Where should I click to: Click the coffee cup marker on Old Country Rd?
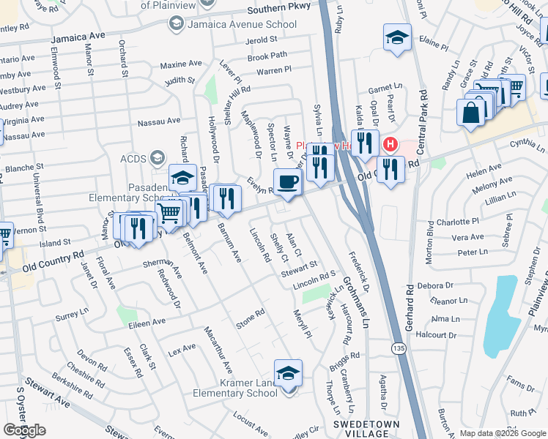pyautogui.click(x=287, y=181)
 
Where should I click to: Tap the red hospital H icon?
pyautogui.click(x=390, y=144)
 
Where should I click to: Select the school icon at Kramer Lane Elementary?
pyautogui.click(x=289, y=373)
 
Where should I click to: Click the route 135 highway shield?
pyautogui.click(x=398, y=347)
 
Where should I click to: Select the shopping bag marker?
pyautogui.click(x=470, y=113)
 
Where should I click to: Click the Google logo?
pyautogui.click(x=24, y=430)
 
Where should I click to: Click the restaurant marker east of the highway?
pyautogui.click(x=390, y=170)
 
